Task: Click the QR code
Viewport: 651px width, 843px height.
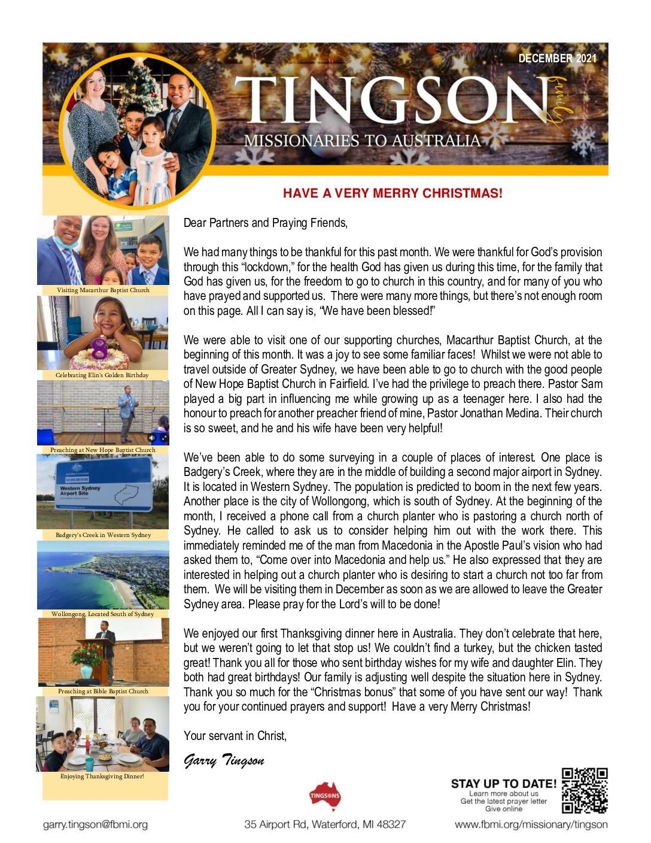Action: [585, 790]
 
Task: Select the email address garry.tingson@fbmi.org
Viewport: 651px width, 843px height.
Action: [95, 824]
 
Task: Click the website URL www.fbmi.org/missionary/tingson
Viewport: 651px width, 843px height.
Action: [531, 824]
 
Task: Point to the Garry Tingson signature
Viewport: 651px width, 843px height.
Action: [224, 760]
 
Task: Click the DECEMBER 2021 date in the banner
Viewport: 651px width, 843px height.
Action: [557, 58]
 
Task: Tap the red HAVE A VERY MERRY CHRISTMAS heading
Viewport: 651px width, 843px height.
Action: [393, 193]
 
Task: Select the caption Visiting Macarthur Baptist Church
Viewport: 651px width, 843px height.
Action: [103, 290]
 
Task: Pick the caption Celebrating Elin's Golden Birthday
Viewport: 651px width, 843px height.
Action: [102, 375]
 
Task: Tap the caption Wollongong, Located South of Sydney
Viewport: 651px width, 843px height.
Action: [102, 614]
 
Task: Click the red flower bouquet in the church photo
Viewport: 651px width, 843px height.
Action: [86, 654]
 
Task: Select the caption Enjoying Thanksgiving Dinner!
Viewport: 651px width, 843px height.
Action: [102, 776]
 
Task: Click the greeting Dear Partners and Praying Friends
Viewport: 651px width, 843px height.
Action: [265, 223]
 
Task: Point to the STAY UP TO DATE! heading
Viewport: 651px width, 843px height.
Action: [503, 783]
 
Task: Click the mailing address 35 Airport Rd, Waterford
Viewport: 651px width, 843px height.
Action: [325, 824]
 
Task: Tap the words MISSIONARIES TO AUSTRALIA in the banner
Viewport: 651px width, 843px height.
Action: [362, 141]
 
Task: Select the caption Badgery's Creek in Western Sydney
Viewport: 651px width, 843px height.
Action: [103, 535]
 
